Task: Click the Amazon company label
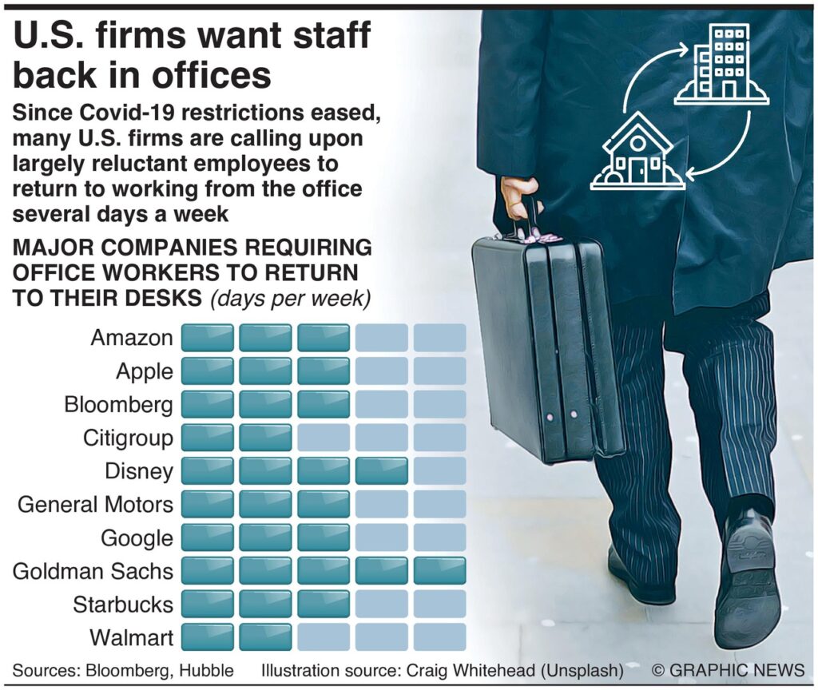132,338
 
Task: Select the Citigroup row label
128,438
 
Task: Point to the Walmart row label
131,637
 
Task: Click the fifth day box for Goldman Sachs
439,571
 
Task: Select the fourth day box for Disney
381,471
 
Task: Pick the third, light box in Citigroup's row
324,438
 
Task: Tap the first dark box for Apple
208,371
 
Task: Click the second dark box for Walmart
265,637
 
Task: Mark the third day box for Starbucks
324,604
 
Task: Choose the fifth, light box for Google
439,537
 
